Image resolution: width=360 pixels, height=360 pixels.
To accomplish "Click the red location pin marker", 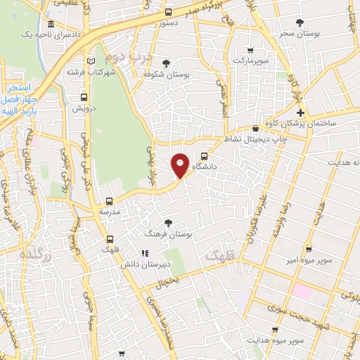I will tap(180, 165).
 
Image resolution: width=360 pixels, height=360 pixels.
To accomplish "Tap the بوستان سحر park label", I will tap(299, 33).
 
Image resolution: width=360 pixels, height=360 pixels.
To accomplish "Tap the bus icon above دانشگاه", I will tap(204, 156).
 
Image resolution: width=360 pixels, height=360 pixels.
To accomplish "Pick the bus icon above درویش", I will tap(84, 98).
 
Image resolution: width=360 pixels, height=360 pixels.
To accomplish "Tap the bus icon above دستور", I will tap(167, 12).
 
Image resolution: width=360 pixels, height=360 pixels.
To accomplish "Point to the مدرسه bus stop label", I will tap(109, 211).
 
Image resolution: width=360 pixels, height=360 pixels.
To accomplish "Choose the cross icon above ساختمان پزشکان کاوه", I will tap(300, 112).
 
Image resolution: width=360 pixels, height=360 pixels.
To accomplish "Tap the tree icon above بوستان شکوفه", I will tap(166, 63).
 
